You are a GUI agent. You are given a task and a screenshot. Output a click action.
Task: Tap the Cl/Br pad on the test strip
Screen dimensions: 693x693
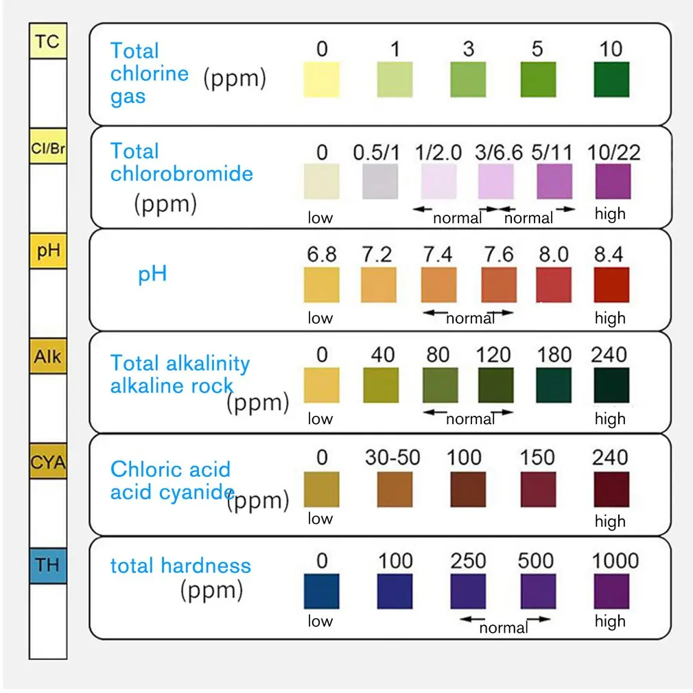(47, 148)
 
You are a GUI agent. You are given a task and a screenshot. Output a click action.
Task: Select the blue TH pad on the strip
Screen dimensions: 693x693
(47, 565)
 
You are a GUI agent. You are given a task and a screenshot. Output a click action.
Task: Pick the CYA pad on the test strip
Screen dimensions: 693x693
(47, 462)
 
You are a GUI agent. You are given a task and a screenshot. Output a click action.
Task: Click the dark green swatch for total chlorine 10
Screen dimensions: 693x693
(611, 80)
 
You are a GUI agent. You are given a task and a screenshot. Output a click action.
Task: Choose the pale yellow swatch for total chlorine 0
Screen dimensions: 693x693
(321, 80)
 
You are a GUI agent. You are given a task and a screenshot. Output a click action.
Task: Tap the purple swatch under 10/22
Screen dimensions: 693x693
(612, 182)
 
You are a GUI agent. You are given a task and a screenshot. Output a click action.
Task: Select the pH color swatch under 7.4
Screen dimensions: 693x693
(438, 285)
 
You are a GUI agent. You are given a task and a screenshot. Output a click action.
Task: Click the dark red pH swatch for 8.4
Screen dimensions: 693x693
(611, 285)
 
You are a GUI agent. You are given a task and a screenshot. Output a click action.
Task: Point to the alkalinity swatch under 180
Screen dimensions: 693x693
(553, 385)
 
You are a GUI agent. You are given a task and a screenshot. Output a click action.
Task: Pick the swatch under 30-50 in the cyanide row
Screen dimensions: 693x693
(395, 489)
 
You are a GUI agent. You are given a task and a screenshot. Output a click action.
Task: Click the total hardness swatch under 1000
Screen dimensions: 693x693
(611, 591)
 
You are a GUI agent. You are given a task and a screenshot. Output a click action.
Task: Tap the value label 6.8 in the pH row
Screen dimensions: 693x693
(321, 255)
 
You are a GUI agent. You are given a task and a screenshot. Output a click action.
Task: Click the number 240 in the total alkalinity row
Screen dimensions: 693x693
(609, 355)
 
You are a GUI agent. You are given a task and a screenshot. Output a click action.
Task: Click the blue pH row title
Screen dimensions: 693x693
(152, 275)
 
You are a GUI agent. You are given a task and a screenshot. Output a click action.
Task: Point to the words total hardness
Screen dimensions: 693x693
(180, 566)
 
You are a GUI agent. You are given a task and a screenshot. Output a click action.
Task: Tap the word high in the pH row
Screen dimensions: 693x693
(610, 318)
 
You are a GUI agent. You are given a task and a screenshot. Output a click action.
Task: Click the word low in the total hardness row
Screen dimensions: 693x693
(320, 621)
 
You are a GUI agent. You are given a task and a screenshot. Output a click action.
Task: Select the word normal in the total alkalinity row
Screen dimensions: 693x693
(470, 419)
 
